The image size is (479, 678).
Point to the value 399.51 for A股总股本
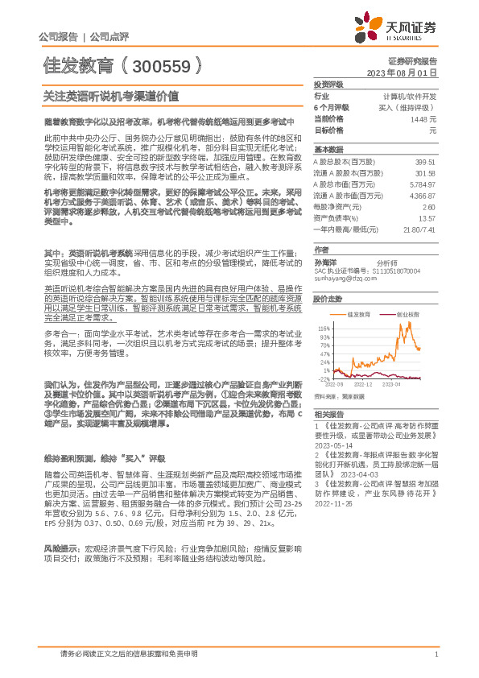[425, 161]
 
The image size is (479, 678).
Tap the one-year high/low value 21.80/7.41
[419, 229]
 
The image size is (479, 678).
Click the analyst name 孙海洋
[324, 262]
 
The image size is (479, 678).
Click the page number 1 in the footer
[436, 655]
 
